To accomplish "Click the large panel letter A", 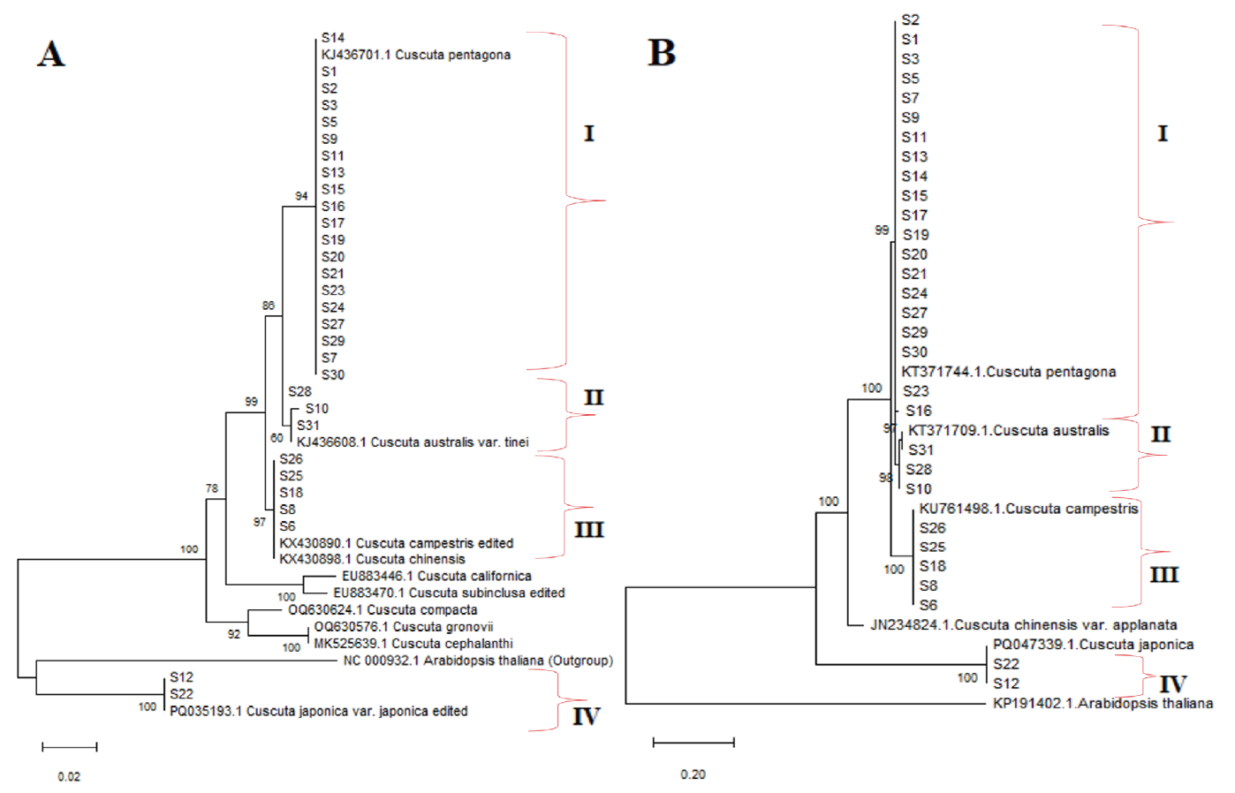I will [51, 54].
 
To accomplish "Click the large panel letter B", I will [662, 53].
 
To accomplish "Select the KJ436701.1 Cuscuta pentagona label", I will [415, 55].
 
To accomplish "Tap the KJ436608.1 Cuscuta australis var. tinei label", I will [413, 442].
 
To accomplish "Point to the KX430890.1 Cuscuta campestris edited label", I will [396, 543].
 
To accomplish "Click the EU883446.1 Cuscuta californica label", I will [436, 577].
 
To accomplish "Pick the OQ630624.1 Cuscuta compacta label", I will [383, 610].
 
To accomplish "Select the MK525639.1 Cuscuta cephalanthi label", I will [413, 644].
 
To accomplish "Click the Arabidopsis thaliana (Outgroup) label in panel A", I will [477, 661].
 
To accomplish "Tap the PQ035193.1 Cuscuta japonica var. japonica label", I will [318, 711].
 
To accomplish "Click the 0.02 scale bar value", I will [69, 777].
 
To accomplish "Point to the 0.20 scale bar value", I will [693, 774].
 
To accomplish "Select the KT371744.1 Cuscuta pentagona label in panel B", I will [1008, 372].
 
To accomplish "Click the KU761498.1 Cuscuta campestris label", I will [1028, 509].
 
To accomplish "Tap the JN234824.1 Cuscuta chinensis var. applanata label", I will [1023, 625].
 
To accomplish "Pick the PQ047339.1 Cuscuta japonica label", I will [1093, 645].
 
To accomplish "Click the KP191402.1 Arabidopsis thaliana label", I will [1102, 704].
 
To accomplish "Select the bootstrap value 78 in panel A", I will [212, 488].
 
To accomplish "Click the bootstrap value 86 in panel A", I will [269, 306].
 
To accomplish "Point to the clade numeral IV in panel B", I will [1172, 683].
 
